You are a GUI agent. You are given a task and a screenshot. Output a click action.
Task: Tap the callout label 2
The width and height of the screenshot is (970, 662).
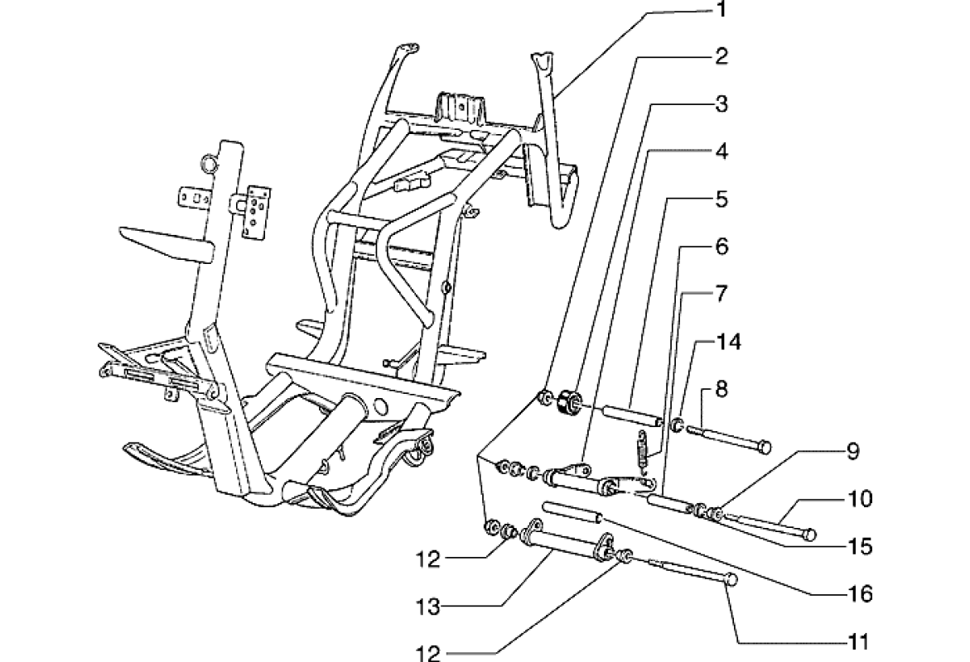point(721,57)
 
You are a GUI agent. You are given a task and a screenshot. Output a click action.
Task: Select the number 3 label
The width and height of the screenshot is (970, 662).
point(721,104)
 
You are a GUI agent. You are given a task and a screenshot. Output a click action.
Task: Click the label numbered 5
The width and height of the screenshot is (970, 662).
point(721,199)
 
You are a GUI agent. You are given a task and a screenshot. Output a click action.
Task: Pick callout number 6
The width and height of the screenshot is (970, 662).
point(721,247)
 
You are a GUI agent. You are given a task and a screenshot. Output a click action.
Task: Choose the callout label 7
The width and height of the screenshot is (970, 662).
point(721,293)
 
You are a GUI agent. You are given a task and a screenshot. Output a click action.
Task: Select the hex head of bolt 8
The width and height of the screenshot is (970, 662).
point(765,449)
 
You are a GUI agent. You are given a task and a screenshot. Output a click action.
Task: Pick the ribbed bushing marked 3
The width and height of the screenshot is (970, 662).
point(567,402)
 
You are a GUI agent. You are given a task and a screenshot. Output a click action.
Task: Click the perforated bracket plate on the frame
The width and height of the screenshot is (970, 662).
point(257,211)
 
